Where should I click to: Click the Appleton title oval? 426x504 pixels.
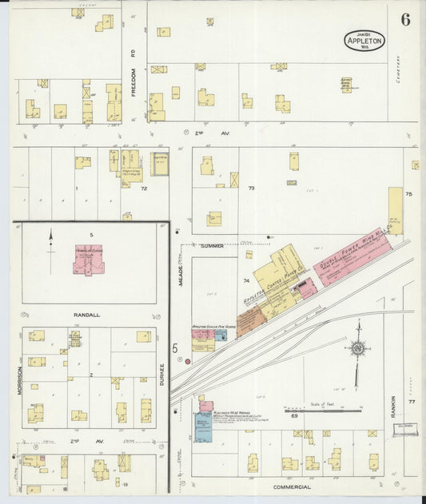coord(365,39)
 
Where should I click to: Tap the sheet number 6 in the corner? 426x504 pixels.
coord(405,20)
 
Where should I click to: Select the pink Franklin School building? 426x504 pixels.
coord(90,260)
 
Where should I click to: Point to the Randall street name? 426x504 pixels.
coord(88,315)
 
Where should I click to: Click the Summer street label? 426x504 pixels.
coord(212,245)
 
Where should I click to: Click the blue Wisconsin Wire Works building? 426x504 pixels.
coord(203,427)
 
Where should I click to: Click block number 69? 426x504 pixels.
coord(294,416)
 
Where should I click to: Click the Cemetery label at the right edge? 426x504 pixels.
coord(397,70)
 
